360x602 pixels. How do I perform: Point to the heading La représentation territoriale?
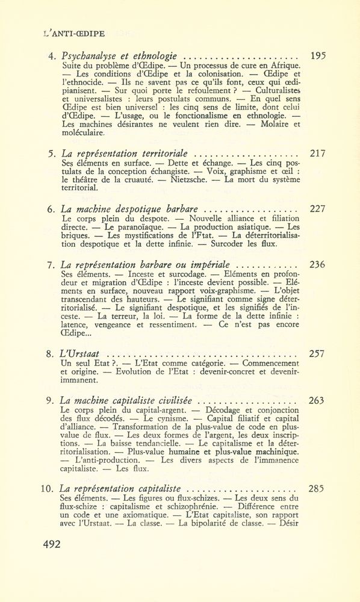[128, 153]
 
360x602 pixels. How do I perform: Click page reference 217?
[317, 153]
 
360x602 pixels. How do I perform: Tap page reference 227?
[317, 209]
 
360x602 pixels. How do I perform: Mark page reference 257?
[317, 353]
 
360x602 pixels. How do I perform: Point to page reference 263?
[317, 400]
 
